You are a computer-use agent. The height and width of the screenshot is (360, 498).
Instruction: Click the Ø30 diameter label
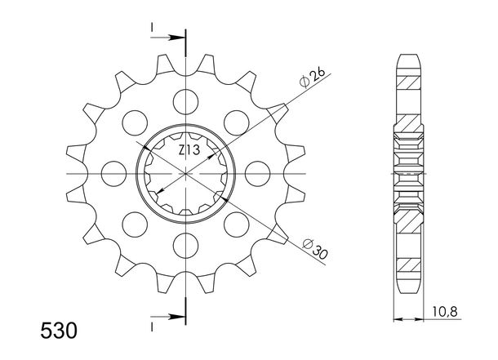pos(315,249)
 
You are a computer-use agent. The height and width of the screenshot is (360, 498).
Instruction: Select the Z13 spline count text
pos(189,150)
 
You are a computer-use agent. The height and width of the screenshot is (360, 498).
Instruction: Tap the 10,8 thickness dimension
pos(445,312)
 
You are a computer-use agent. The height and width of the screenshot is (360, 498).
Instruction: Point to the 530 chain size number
pos(59,331)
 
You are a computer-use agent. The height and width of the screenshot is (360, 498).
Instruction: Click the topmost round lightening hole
pos(186,102)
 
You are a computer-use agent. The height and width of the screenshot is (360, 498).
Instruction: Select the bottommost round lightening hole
pos(186,246)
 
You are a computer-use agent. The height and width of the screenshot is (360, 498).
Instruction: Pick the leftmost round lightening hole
pos(113,174)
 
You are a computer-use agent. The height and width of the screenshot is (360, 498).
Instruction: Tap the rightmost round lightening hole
pos(258,174)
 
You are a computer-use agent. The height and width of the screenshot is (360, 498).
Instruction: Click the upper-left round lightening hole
pos(135,122)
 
